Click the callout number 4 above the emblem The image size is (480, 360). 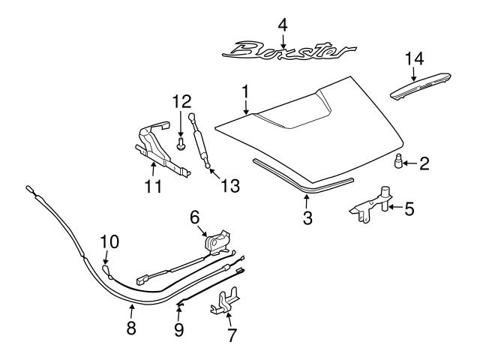point(282,25)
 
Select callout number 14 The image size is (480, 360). point(415,58)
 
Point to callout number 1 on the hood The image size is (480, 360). point(244,91)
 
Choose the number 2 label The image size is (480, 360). point(424,161)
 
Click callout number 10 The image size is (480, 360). point(109,241)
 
